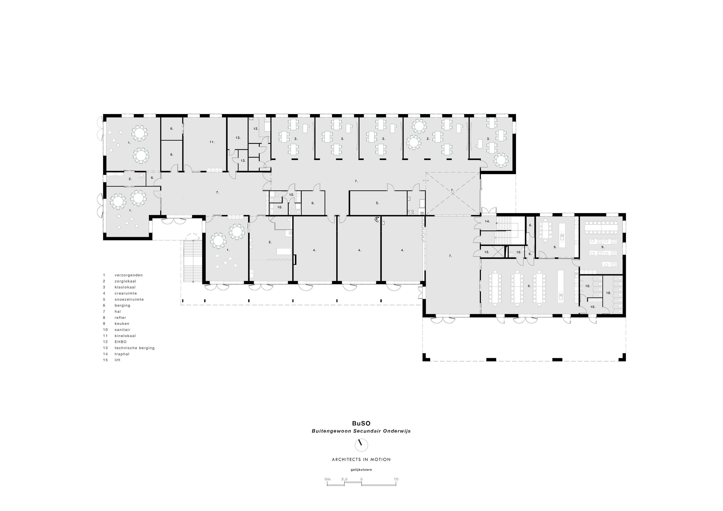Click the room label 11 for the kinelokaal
point(212,142)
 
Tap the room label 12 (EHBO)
point(256,129)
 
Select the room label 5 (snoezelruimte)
point(377,203)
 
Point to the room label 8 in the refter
point(529,286)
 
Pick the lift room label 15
point(487,252)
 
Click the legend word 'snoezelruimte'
point(129,299)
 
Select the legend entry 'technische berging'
point(134,348)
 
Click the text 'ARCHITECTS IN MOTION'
point(361,459)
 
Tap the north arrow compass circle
point(361,445)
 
